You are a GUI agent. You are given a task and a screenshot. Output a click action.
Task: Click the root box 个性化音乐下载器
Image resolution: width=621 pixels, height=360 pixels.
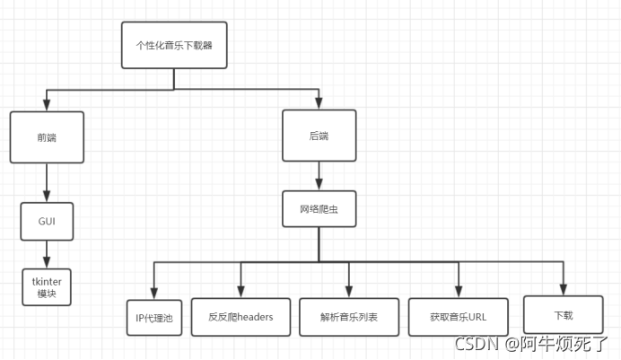[174, 45]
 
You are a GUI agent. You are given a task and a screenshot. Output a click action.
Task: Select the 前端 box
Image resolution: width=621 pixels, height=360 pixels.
[47, 137]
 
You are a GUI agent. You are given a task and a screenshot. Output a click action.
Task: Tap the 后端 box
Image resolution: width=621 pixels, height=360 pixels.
[319, 136]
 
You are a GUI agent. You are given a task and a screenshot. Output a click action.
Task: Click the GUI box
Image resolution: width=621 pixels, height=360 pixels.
[47, 221]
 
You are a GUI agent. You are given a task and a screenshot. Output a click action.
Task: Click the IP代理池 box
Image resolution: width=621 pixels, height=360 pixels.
[153, 317]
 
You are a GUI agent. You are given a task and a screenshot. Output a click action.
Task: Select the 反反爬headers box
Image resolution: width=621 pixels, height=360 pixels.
[241, 317]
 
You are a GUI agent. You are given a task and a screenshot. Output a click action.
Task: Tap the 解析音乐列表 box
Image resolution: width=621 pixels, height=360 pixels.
[348, 317]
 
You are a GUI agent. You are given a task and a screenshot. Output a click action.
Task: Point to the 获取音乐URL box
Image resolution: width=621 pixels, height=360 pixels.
[458, 317]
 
